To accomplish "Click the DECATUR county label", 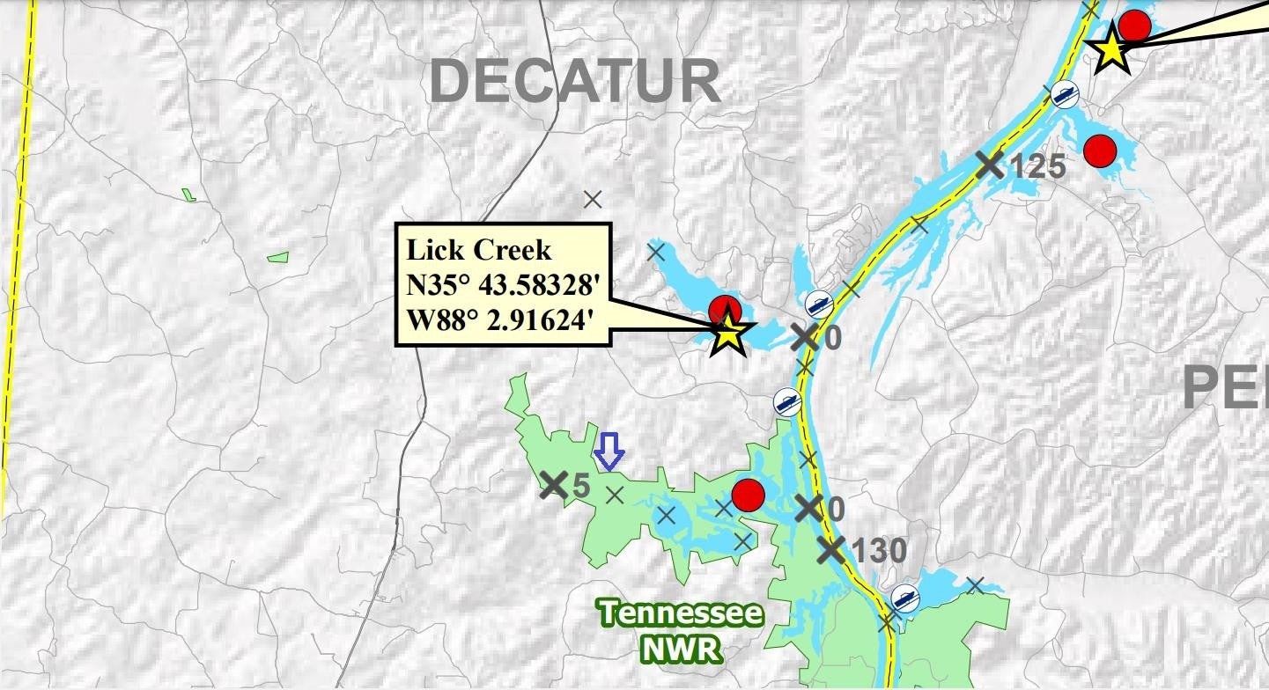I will (576, 82).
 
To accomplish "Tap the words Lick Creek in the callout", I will (478, 250).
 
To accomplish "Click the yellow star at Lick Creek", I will (730, 334).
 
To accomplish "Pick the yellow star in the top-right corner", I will (1110, 50).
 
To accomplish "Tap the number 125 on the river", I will (1037, 165).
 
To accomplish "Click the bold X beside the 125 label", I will (990, 164).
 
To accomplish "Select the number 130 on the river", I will (878, 551).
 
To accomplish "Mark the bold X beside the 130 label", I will (831, 549).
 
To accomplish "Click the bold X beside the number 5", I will (553, 484).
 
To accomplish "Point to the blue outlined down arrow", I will (609, 450).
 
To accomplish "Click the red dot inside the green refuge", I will (748, 495).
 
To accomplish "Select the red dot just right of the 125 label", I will (1100, 150).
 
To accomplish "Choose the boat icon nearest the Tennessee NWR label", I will (904, 598).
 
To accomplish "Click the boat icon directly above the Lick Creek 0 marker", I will (820, 304).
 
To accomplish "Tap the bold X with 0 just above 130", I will (808, 507).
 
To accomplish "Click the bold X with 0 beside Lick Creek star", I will (804, 336).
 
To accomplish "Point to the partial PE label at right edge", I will (1224, 387).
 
